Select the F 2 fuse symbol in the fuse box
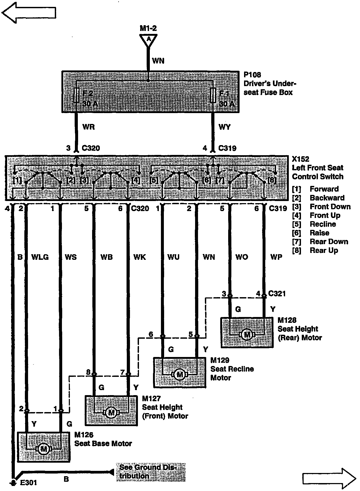pos(76,96)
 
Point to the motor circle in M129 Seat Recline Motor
pos(180,374)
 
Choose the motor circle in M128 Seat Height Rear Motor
pos(247,335)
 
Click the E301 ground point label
pos(28,483)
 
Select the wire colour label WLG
pos(40,257)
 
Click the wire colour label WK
pos(139,257)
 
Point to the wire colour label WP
pos(276,257)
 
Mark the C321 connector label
pos(277,293)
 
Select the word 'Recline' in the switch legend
pos(323,224)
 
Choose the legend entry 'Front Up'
pos(325,215)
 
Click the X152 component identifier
pos(300,159)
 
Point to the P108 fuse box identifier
pos(252,75)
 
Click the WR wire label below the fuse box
pos(88,127)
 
